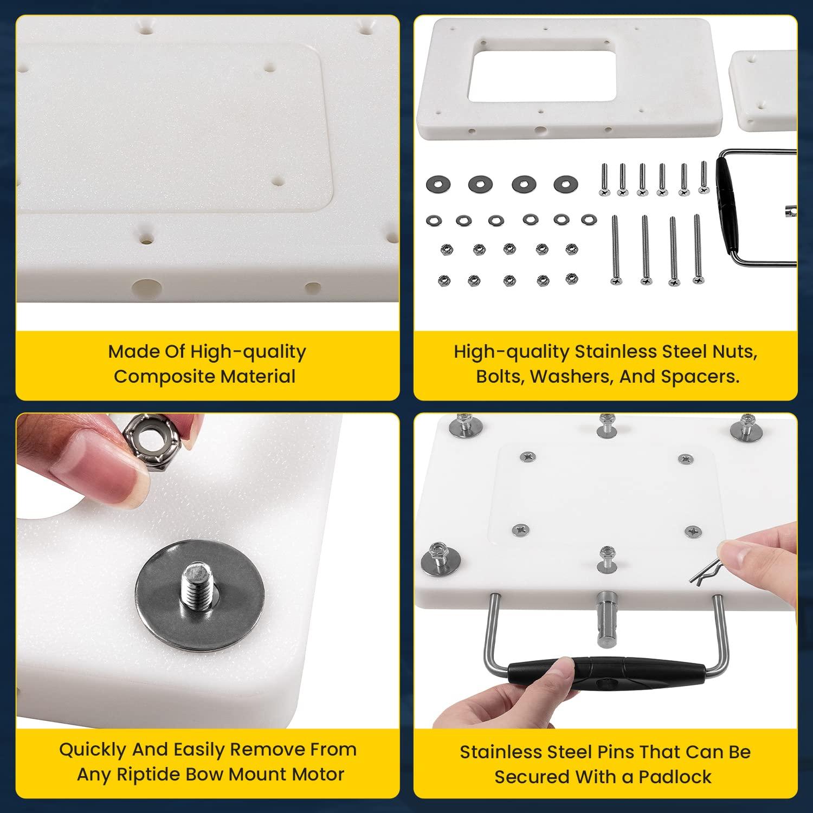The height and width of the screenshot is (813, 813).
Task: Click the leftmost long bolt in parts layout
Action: [x=615, y=249]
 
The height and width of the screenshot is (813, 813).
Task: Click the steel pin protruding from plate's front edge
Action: [x=606, y=618]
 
